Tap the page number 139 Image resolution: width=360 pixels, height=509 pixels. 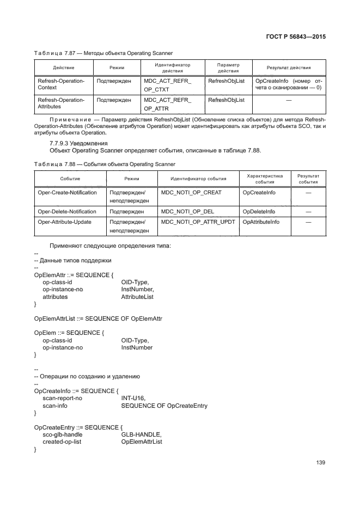coord(320,463)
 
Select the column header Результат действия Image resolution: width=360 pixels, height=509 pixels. coord(289,68)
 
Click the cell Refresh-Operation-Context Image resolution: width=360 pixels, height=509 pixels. coord(60,84)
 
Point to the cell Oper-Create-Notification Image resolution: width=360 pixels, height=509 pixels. coord(67,193)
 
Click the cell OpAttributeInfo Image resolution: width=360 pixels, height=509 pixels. coord(261,222)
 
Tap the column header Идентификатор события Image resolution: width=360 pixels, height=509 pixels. coord(198,179)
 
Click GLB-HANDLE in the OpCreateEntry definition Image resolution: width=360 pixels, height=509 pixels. coord(141,434)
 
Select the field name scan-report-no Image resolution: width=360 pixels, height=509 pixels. coord(63,398)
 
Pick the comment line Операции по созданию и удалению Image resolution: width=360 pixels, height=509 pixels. coord(87,376)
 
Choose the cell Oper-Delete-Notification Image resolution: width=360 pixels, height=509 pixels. coord(67,211)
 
